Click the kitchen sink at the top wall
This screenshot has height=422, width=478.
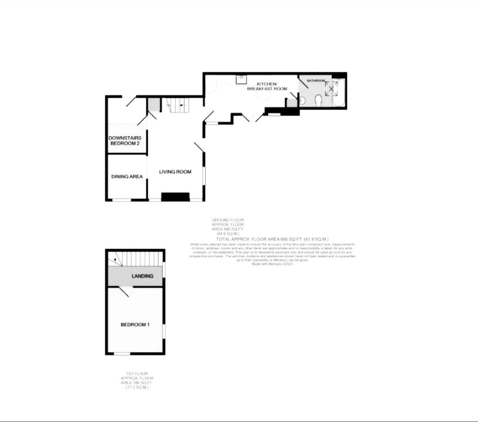pos(242,78)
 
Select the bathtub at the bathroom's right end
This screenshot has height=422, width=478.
pos(338,92)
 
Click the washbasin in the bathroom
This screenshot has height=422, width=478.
pos(302,100)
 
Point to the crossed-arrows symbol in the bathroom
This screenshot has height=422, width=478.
pos(329,88)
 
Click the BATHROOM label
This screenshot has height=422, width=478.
pos(316,80)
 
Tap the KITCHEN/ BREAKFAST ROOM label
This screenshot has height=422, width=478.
pos(267,86)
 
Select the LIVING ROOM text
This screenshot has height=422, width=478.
pos(175,172)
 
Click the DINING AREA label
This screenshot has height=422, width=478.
pos(127,177)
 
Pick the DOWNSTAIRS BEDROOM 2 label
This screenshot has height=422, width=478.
pos(125,141)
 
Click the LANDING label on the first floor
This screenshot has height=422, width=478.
pos(142,276)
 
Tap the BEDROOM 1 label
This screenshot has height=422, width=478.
pos(135,324)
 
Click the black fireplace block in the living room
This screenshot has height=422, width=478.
pos(175,197)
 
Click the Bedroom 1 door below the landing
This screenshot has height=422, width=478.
pos(125,291)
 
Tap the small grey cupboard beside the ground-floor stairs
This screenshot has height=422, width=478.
pos(153,105)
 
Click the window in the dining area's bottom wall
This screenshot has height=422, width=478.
pos(122,200)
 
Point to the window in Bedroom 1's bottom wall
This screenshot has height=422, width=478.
pos(122,354)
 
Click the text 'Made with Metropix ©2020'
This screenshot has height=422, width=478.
pos(272,264)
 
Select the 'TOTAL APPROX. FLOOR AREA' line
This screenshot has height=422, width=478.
pos(272,239)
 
